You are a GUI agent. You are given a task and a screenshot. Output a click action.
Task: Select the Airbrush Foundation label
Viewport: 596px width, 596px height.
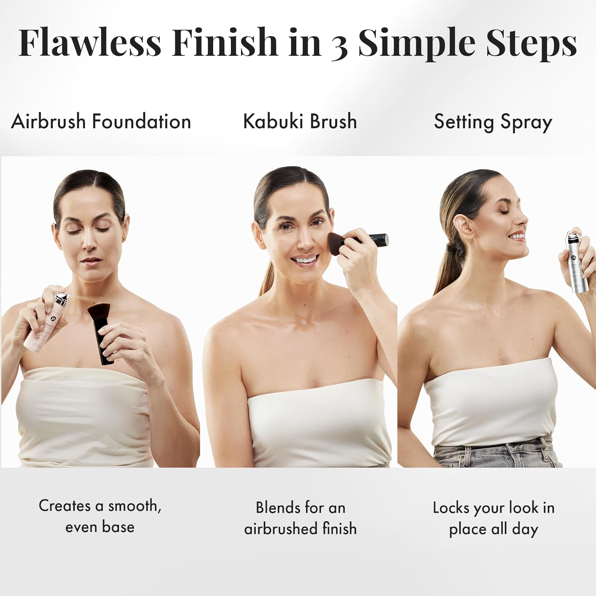[101, 121]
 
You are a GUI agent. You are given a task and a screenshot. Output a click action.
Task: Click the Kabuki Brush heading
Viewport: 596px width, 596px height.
[300, 121]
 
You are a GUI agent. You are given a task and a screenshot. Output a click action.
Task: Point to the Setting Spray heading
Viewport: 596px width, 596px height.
[493, 122]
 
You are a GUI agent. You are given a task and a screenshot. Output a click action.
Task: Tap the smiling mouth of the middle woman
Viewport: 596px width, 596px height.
[305, 260]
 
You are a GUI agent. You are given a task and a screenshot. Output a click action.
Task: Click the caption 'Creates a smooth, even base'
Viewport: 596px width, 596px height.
[100, 516]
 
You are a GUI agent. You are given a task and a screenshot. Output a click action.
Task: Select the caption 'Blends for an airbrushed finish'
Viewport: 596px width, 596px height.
[300, 518]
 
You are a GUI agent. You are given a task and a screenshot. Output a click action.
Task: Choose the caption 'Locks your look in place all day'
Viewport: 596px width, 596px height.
[493, 518]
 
